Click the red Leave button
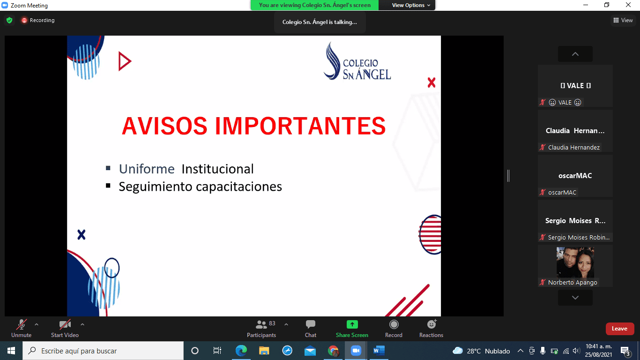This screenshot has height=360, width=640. pyautogui.click(x=620, y=329)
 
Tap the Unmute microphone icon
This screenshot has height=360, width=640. pyautogui.click(x=22, y=324)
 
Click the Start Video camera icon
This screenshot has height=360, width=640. pyautogui.click(x=65, y=324)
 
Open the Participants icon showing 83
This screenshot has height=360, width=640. pyautogui.click(x=261, y=324)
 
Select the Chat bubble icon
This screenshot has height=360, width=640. pyautogui.click(x=310, y=324)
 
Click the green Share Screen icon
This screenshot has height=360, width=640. pyautogui.click(x=352, y=324)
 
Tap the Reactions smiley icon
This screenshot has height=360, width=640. pyautogui.click(x=432, y=324)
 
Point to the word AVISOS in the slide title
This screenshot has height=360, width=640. pyautogui.click(x=164, y=126)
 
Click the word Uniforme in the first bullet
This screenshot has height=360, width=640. pyautogui.click(x=147, y=169)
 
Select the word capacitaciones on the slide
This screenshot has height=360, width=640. pyautogui.click(x=239, y=187)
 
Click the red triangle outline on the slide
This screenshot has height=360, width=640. pyautogui.click(x=124, y=61)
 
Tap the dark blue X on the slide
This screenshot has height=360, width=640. pyautogui.click(x=82, y=235)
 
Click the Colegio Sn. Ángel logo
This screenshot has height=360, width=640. pyautogui.click(x=357, y=61)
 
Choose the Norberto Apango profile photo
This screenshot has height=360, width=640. pyautogui.click(x=575, y=262)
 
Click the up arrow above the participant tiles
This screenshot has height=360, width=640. pyautogui.click(x=575, y=54)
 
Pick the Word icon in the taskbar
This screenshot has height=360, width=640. pyautogui.click(x=379, y=350)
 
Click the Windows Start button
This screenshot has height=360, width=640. pyautogui.click(x=11, y=351)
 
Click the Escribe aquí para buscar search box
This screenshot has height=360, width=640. pyautogui.click(x=103, y=351)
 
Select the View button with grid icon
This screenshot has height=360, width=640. pyautogui.click(x=623, y=20)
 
